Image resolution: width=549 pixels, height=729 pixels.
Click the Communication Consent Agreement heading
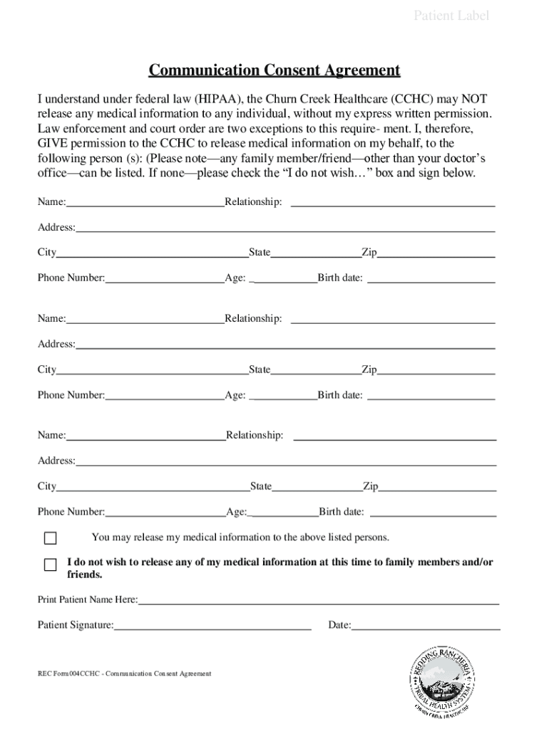tap(274, 70)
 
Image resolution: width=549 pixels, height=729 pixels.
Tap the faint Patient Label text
tap(451, 16)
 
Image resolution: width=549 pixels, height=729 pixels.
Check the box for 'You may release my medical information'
tap(50, 537)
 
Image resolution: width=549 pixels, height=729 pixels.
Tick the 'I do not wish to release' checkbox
tap(50, 565)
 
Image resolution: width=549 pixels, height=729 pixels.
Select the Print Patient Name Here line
tap(319, 599)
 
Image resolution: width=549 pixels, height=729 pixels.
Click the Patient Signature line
tap(212, 625)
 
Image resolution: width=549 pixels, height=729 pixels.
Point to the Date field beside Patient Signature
tap(426, 625)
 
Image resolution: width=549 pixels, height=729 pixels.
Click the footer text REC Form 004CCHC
tap(125, 673)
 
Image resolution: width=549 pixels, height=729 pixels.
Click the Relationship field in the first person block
tap(393, 202)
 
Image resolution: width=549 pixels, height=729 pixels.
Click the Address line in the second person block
tap(285, 344)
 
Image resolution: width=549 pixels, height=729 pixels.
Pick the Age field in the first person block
tap(284, 278)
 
